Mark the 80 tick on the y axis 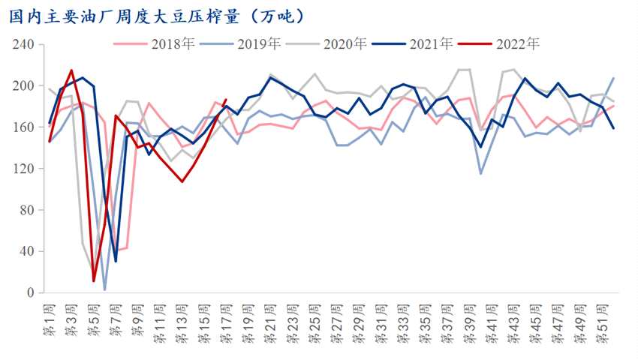pos(26,209)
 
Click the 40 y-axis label pos(26,251)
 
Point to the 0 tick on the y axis pos(29,292)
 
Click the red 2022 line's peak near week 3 pos(71,70)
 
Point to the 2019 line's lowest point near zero pos(104,289)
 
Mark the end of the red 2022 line pos(225,100)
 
